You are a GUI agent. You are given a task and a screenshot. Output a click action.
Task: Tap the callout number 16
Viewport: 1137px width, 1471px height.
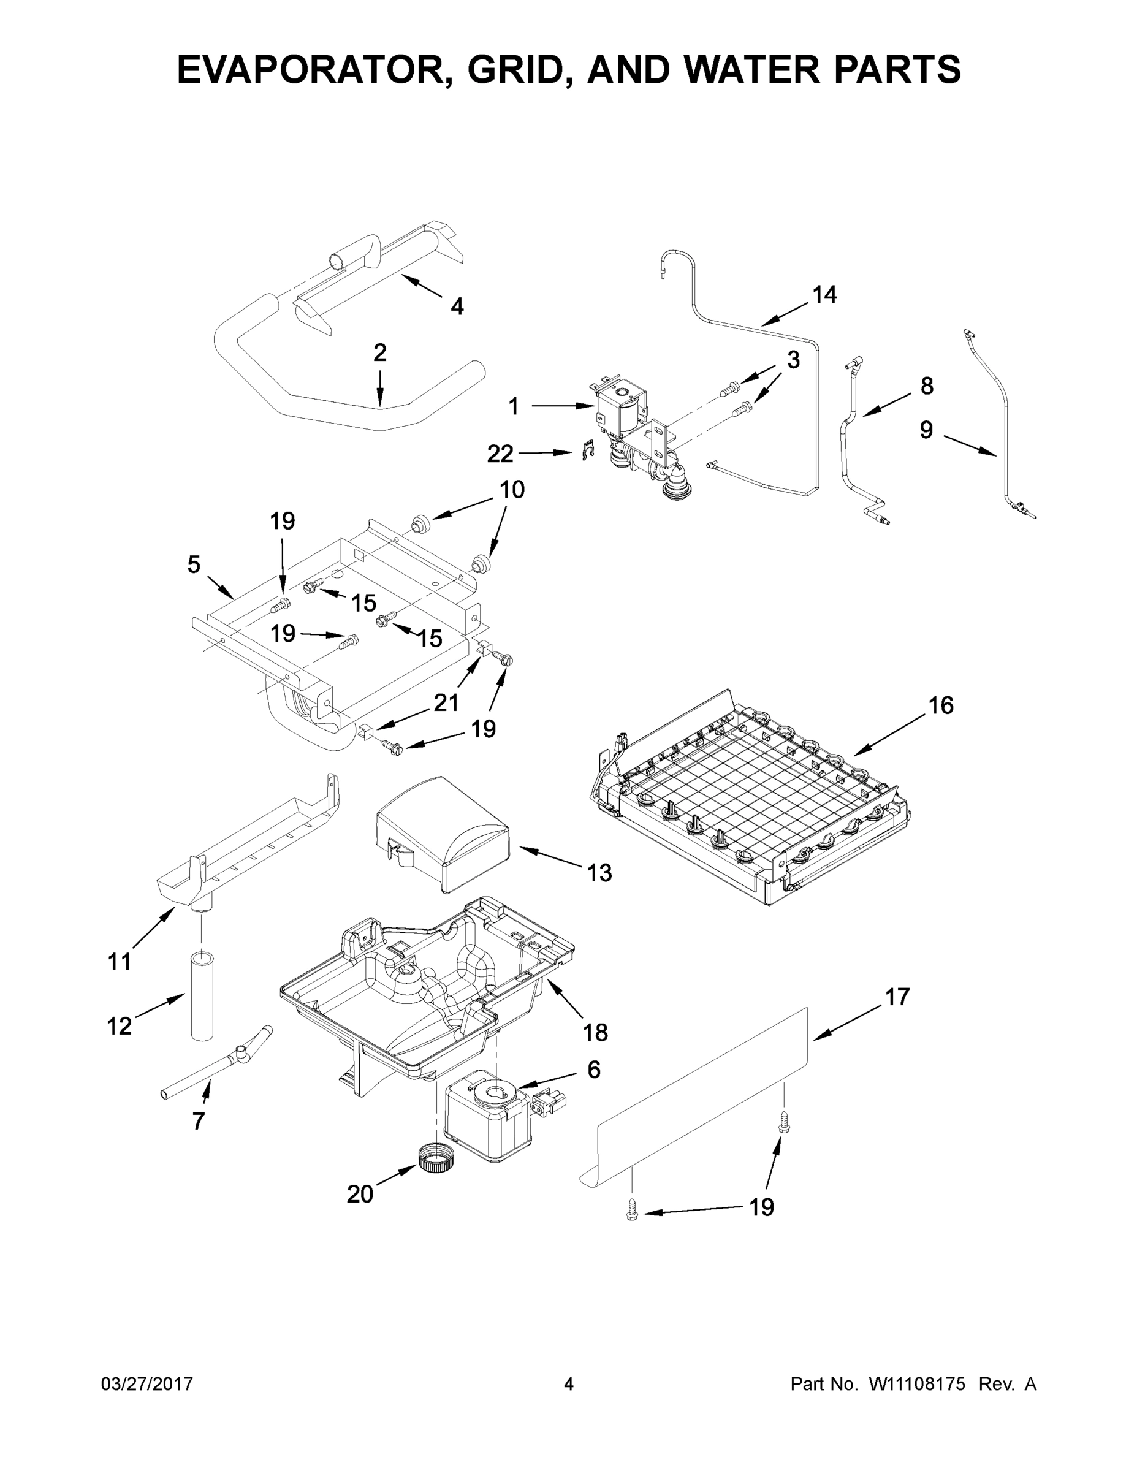click(x=941, y=705)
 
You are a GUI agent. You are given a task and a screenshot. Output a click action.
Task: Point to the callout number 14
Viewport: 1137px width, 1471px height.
click(x=824, y=294)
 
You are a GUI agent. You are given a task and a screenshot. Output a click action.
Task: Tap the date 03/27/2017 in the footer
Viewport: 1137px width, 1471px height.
click(x=147, y=1384)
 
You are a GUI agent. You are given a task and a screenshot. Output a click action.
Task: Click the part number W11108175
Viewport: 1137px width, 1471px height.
click(x=917, y=1384)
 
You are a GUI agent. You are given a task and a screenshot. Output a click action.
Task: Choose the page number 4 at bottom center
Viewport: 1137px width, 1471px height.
click(x=569, y=1384)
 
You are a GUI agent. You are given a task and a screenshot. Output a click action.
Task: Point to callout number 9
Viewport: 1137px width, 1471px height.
click(x=926, y=430)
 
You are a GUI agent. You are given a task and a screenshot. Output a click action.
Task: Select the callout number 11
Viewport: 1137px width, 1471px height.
click(x=120, y=962)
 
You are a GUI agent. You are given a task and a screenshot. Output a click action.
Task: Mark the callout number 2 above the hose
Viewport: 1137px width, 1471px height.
click(x=380, y=352)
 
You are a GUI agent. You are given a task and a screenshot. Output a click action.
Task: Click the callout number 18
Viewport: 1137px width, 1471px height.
click(x=595, y=1032)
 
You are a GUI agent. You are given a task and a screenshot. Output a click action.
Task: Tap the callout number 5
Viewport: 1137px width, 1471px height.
click(x=194, y=564)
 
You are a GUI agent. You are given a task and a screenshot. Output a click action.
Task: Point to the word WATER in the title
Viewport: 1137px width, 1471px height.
click(x=745, y=69)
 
